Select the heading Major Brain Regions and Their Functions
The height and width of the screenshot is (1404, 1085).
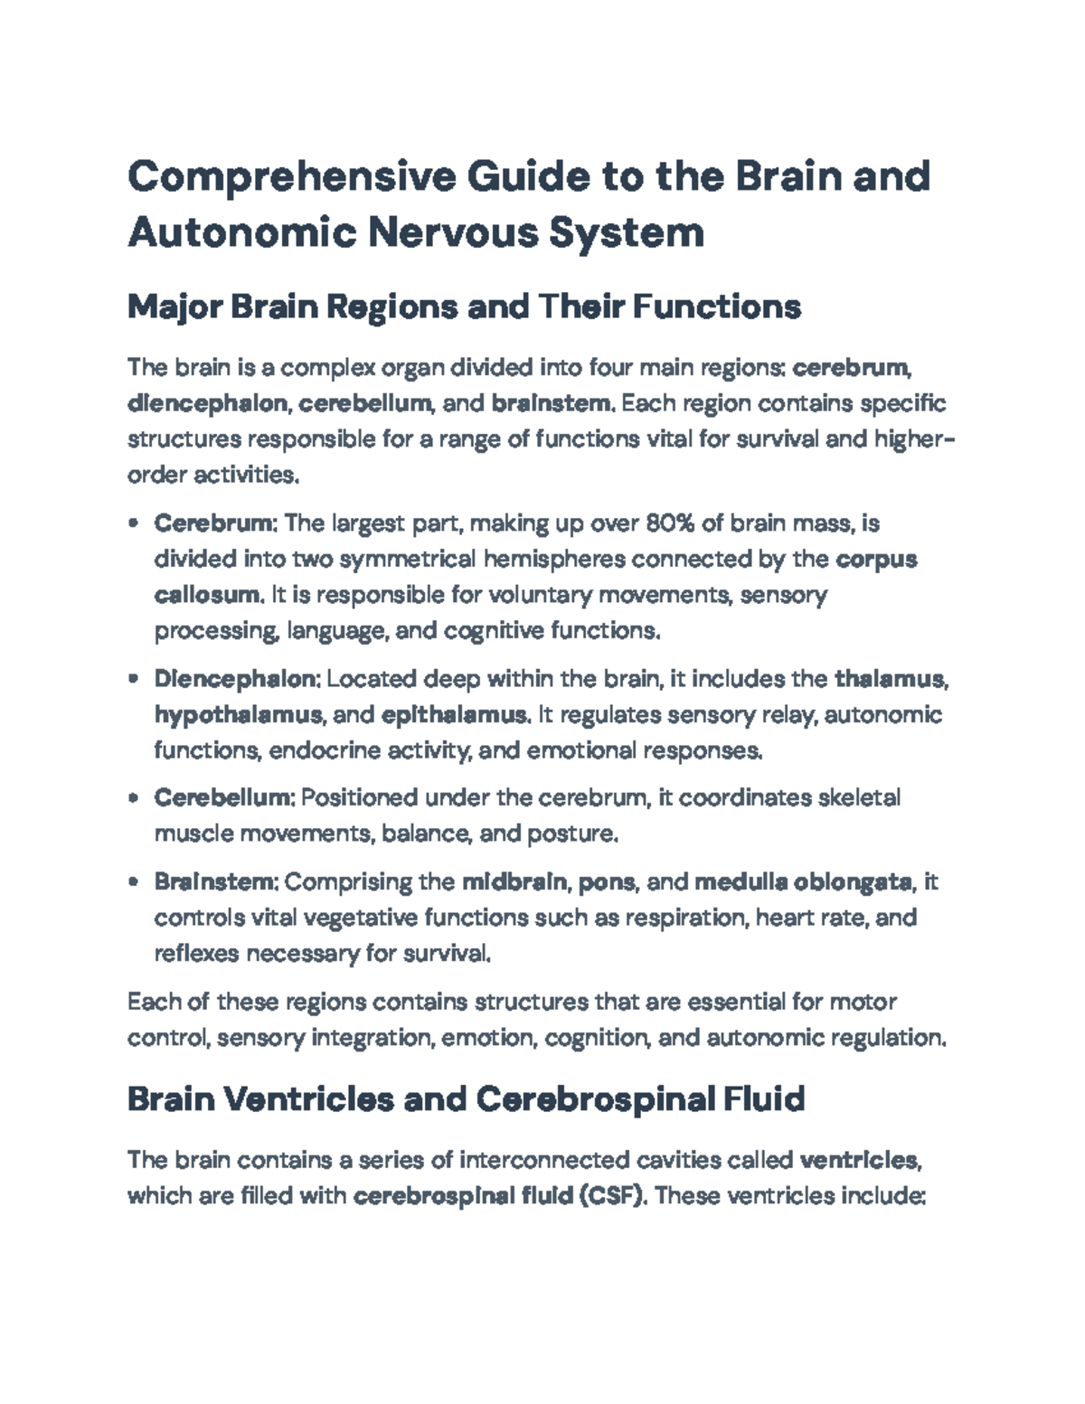464,307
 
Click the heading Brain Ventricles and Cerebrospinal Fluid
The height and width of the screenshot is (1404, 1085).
466,1099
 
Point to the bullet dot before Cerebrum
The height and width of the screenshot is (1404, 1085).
134,523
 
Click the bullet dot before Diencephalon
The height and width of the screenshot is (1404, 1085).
134,679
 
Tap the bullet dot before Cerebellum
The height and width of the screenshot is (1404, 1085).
134,798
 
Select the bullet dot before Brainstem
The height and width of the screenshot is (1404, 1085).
134,881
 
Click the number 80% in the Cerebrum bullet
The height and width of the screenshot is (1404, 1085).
670,523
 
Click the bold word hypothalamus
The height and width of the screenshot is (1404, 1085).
238,715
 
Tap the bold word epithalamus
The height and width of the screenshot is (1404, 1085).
454,715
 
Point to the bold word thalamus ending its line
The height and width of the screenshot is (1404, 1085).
890,679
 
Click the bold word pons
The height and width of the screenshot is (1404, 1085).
608,881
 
